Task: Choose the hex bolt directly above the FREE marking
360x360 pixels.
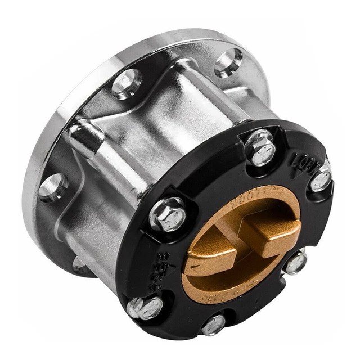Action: click(167, 214)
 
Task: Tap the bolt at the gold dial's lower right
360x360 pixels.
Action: click(295, 263)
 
